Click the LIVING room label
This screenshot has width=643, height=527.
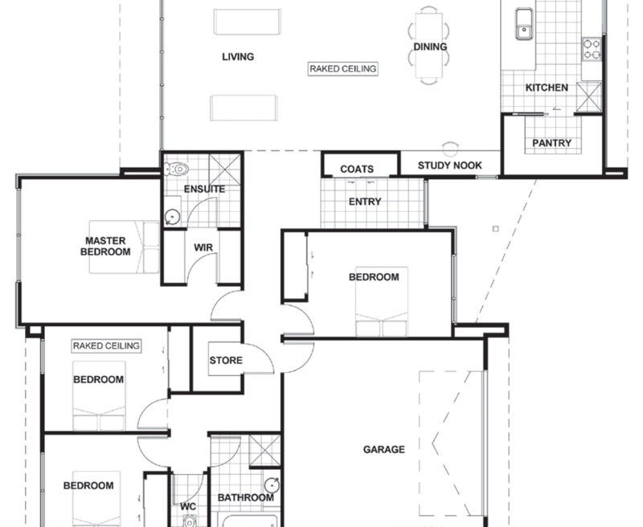(x=238, y=56)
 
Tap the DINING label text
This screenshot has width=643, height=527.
(x=430, y=47)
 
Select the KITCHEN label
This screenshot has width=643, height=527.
(x=547, y=88)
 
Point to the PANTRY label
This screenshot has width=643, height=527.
(x=552, y=143)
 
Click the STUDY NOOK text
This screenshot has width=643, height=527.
(x=449, y=165)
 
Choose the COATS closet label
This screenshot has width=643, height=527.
(x=357, y=169)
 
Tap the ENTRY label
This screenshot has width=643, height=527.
(x=365, y=202)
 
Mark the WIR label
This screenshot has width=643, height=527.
(x=203, y=247)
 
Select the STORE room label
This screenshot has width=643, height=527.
(x=226, y=360)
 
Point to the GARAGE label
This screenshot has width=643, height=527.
(x=384, y=449)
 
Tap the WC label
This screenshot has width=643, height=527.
(x=188, y=507)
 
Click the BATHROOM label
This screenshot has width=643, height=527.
(x=246, y=498)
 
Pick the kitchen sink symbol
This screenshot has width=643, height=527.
(x=523, y=22)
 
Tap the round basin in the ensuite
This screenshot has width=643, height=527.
(x=170, y=216)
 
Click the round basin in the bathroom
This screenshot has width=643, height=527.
(x=272, y=484)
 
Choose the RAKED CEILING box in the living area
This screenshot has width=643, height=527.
(x=343, y=69)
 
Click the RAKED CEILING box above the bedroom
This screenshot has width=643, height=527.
(x=106, y=345)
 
